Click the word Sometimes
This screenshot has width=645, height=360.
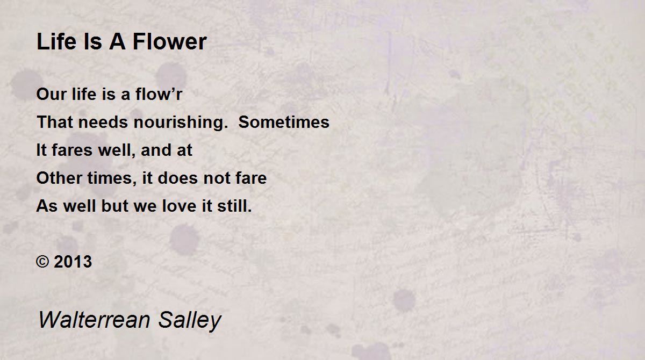[x=284, y=122]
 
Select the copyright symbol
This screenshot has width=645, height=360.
[x=42, y=262]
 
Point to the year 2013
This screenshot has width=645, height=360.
[x=73, y=262]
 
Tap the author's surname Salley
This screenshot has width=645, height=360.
[x=189, y=320]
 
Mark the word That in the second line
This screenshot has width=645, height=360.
[x=53, y=122]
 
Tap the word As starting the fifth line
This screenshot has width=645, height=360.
[x=46, y=206]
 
